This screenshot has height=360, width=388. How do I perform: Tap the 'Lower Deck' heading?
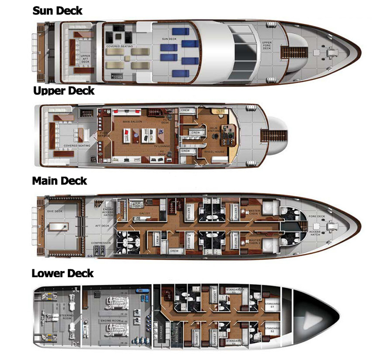pyautogui.click(x=62, y=273)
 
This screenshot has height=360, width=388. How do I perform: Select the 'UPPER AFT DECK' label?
pyautogui.click(x=85, y=59)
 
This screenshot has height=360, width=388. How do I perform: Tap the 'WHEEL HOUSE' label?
pyautogui.click(x=214, y=152)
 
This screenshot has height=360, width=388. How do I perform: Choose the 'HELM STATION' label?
pyautogui.click(x=213, y=130)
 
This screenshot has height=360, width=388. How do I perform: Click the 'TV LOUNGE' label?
pyautogui.click(x=162, y=146)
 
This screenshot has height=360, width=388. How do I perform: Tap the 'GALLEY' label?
pyautogui.click(x=145, y=214)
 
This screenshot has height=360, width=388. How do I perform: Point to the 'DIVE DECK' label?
pyautogui.click(x=55, y=211)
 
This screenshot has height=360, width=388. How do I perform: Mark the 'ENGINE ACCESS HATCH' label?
pyautogui.click(x=108, y=212)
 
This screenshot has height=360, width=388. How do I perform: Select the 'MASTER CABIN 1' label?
pyautogui.click(x=254, y=213)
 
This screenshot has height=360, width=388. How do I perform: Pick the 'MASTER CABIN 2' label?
pyautogui.click(x=254, y=241)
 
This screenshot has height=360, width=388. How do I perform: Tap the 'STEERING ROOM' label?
pyautogui.click(x=66, y=317)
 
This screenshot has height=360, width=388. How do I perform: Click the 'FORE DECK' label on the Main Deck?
pyautogui.click(x=317, y=217)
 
